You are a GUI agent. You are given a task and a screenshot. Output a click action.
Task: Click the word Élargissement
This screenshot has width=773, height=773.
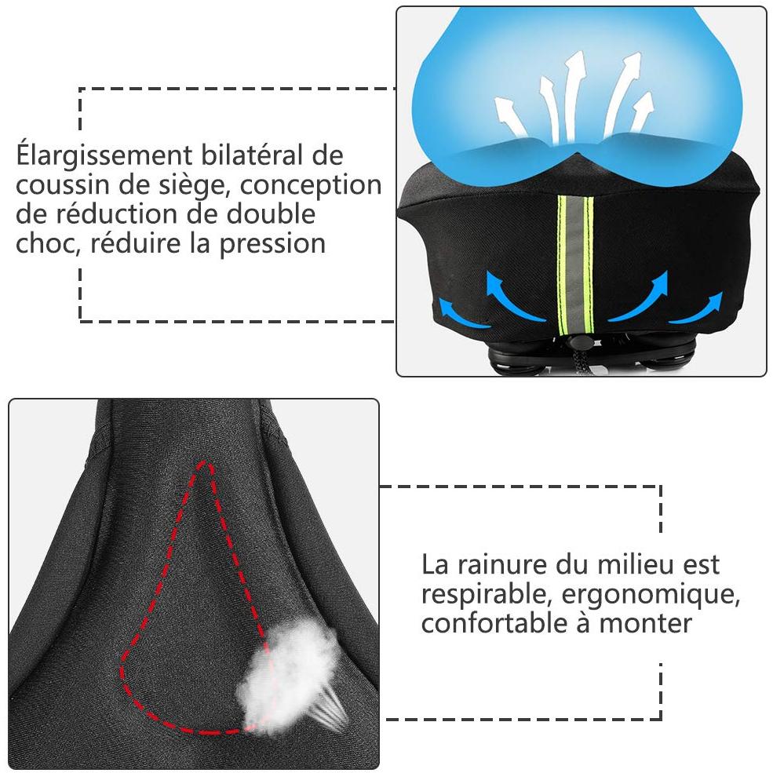104,156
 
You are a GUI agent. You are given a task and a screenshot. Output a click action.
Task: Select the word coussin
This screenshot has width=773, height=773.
63,185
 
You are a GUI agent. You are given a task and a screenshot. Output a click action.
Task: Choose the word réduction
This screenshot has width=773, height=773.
116,213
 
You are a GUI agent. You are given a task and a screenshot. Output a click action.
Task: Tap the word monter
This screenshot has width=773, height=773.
645,624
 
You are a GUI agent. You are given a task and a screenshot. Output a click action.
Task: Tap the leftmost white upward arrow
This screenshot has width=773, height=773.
510,116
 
